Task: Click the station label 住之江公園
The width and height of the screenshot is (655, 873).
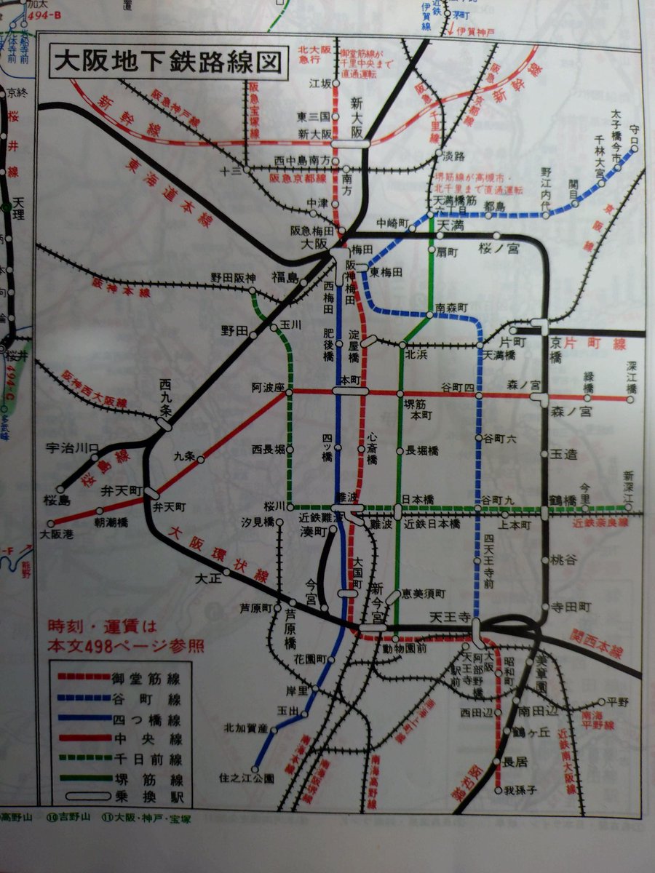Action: (x=247, y=778)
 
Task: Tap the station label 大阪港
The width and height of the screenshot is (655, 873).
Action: (x=52, y=534)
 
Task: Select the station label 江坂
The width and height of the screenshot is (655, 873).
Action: (x=321, y=83)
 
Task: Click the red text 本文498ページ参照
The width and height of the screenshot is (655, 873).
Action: (x=125, y=645)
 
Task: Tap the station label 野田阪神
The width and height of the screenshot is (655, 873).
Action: (x=233, y=277)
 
